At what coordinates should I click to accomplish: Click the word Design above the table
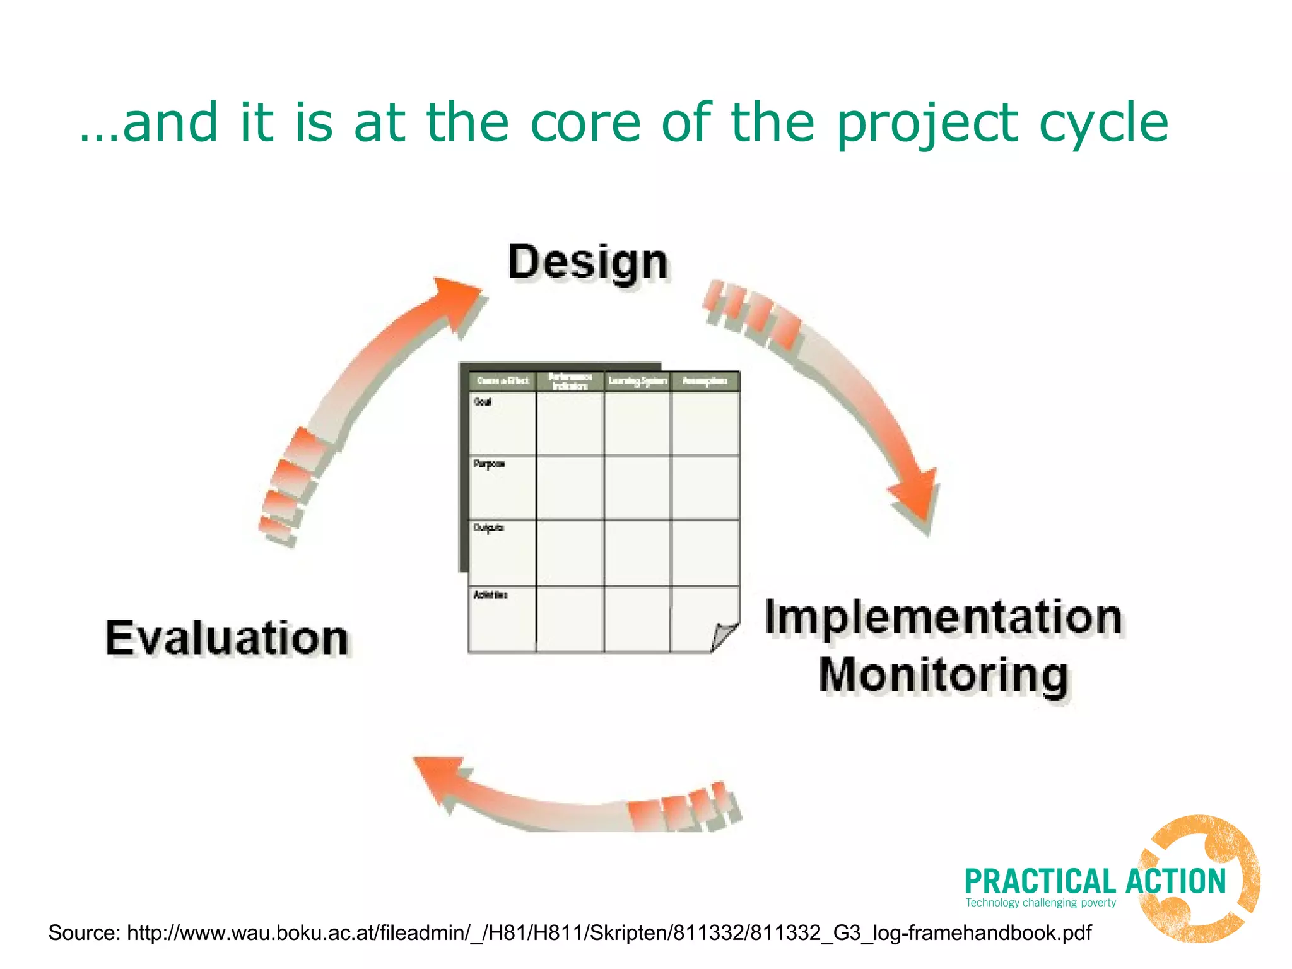[587, 262]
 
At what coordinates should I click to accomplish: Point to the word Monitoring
[943, 675]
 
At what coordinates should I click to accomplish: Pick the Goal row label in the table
[483, 402]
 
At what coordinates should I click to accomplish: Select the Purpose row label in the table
[488, 464]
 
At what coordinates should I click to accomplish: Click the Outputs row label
[488, 527]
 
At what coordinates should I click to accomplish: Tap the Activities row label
[490, 595]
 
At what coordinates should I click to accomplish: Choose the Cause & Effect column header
[503, 381]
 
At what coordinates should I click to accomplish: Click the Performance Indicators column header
[570, 381]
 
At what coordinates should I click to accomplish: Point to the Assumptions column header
[705, 381]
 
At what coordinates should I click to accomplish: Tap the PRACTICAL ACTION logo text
[1095, 881]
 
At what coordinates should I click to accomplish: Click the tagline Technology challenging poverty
[1040, 903]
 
